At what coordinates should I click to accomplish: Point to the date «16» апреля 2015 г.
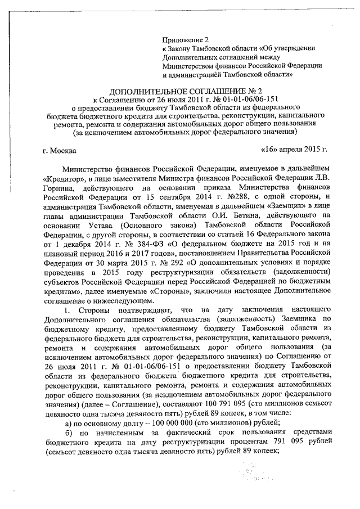(294, 151)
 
